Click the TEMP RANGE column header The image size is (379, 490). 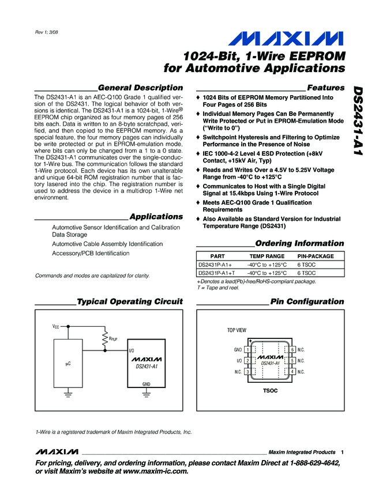(x=267, y=256)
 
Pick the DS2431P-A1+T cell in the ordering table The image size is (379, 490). (x=216, y=273)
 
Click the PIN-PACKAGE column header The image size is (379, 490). (x=316, y=256)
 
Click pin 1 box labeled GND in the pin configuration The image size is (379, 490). (x=247, y=350)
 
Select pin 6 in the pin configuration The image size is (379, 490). (x=292, y=350)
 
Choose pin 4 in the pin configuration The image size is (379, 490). (x=292, y=371)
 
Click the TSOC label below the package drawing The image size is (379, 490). (x=270, y=391)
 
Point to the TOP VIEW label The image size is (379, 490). (x=237, y=330)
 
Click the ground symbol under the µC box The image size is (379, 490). (x=69, y=395)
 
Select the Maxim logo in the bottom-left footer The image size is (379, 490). (x=56, y=452)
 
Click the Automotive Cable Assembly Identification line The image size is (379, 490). (x=99, y=244)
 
